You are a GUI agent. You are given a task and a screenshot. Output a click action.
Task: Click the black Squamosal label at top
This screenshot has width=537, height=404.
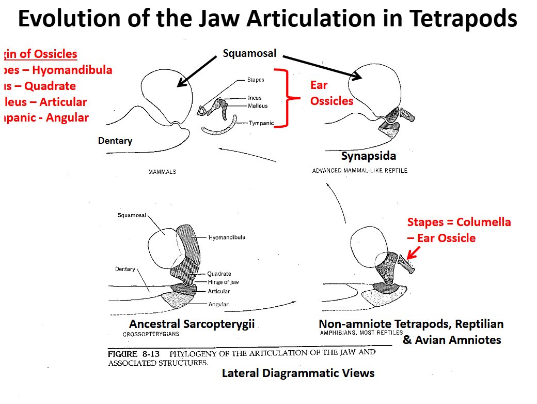click(x=249, y=53)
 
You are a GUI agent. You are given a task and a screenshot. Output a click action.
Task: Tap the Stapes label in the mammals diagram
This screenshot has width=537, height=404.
click(x=256, y=80)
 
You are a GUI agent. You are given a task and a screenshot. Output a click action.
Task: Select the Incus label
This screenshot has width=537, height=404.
click(x=255, y=98)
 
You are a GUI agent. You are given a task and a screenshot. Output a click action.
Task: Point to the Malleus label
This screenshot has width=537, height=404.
click(x=258, y=106)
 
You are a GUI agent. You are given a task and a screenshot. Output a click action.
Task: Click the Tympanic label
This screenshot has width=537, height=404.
click(x=261, y=123)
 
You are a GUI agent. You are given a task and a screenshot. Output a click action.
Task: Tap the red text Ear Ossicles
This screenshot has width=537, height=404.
click(x=331, y=93)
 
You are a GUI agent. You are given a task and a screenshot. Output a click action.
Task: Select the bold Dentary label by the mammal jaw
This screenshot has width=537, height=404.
click(x=115, y=141)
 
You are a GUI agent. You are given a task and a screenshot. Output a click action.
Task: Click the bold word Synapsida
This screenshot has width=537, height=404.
click(x=369, y=156)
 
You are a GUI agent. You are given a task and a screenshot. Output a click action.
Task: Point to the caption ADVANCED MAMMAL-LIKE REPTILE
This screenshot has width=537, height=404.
click(x=359, y=171)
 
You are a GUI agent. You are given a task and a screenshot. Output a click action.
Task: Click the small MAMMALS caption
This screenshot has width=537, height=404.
click(x=162, y=172)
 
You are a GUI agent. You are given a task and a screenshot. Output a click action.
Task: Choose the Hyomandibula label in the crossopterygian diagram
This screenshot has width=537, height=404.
click(x=227, y=237)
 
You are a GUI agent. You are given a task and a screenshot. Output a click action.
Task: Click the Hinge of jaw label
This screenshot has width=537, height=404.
click(x=223, y=282)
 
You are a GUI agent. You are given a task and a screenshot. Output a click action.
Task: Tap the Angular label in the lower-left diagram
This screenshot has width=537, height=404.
click(x=218, y=304)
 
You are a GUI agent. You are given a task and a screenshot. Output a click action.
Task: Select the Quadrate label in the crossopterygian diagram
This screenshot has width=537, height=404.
click(x=219, y=274)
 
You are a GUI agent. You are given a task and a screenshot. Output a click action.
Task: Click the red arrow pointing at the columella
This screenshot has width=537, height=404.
click(x=413, y=252)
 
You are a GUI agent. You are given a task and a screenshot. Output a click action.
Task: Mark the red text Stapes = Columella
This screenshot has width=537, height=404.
click(x=459, y=222)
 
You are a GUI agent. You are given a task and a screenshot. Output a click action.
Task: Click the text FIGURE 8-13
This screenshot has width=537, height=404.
click(x=134, y=354)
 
